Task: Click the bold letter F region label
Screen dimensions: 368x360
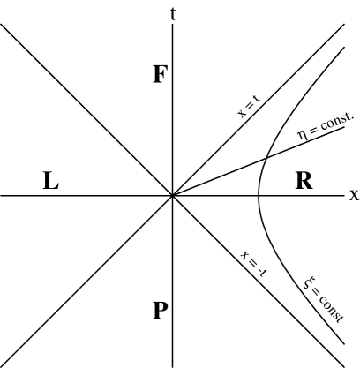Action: pos(160,74)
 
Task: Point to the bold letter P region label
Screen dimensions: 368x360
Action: pos(160,310)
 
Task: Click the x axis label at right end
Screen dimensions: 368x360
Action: pos(353,194)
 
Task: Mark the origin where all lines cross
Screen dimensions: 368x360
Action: pos(173,195)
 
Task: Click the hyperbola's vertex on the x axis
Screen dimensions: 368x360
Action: pos(257,195)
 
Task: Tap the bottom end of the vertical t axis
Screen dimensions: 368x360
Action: pos(173,365)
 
